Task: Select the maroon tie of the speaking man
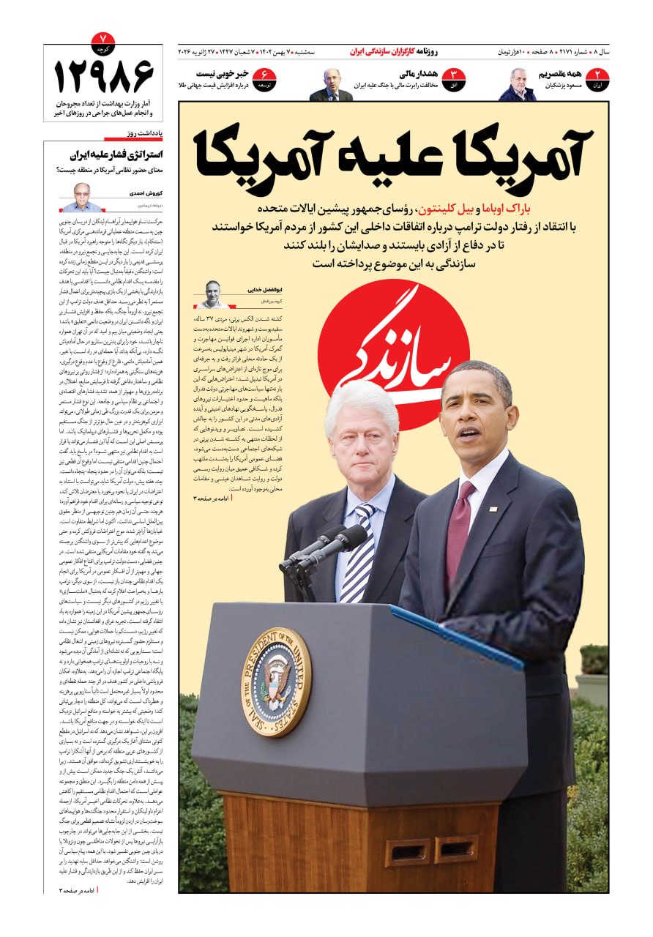click(x=459, y=520)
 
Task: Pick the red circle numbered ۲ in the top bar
click(x=599, y=78)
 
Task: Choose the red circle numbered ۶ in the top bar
click(x=264, y=78)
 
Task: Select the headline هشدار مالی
click(x=418, y=75)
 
